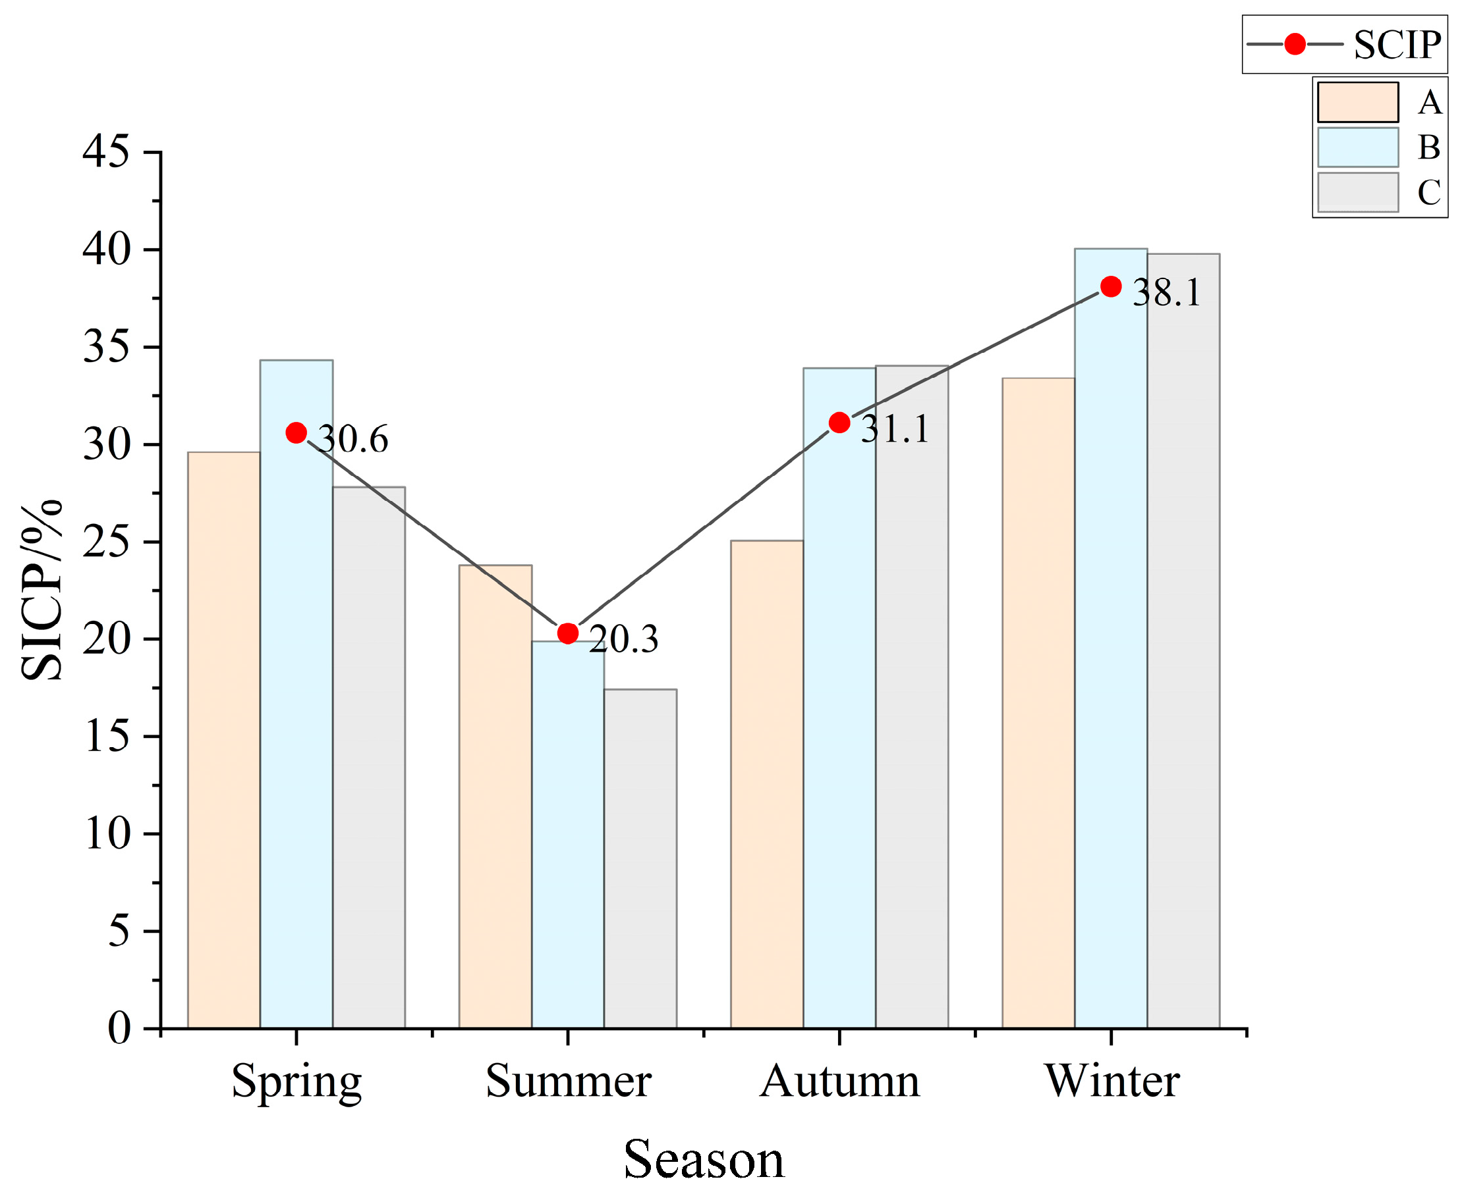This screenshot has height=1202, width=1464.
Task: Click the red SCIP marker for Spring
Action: click(x=296, y=432)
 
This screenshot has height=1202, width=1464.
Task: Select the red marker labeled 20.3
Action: click(x=567, y=633)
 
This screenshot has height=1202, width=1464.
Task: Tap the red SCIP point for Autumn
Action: click(x=839, y=423)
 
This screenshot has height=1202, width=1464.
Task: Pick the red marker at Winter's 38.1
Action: click(x=1111, y=286)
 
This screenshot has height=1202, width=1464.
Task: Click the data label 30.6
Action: click(x=353, y=439)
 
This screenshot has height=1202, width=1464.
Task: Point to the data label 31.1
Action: click(x=895, y=429)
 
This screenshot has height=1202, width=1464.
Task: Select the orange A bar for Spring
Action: click(x=224, y=740)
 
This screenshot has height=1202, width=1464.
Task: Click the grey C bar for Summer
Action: click(x=640, y=858)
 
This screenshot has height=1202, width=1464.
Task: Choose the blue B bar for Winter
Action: click(x=1111, y=639)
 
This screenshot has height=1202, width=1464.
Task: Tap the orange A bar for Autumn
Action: click(x=767, y=785)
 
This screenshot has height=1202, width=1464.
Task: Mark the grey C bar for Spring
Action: click(x=368, y=758)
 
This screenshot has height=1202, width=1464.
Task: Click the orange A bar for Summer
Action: click(x=495, y=797)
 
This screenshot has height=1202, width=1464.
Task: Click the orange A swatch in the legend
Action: click(x=1358, y=103)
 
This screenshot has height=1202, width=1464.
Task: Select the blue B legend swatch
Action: click(x=1358, y=147)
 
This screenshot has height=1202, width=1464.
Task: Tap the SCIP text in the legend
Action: click(x=1397, y=45)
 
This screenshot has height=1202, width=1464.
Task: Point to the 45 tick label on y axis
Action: click(x=106, y=151)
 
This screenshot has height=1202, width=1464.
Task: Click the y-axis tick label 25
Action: click(x=106, y=542)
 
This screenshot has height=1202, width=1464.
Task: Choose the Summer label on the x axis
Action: click(x=568, y=1081)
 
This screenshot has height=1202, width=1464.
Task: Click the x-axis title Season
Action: click(x=704, y=1160)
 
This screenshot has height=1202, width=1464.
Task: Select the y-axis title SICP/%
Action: click(x=42, y=590)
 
